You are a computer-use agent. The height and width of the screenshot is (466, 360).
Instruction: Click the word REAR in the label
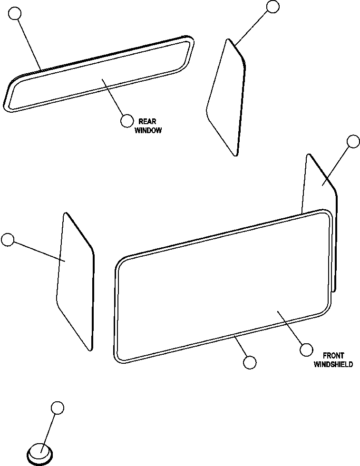click(x=147, y=122)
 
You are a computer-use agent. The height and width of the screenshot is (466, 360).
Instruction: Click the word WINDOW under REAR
click(x=148, y=130)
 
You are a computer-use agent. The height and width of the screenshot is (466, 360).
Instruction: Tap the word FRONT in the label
click(x=333, y=356)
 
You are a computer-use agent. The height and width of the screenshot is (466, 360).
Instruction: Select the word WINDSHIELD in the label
click(x=333, y=365)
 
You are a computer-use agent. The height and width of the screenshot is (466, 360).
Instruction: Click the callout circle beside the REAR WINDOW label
click(x=126, y=121)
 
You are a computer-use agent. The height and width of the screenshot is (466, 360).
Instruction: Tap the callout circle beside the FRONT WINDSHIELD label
click(x=307, y=350)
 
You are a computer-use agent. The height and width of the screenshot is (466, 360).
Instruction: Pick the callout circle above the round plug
click(x=57, y=408)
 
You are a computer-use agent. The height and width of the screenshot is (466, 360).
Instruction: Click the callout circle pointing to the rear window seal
click(x=15, y=13)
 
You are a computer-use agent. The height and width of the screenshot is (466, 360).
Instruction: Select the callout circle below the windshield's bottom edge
click(x=249, y=362)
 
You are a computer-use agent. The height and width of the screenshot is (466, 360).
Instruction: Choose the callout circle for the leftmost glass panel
click(x=8, y=240)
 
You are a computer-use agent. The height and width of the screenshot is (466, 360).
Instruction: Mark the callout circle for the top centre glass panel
click(x=273, y=7)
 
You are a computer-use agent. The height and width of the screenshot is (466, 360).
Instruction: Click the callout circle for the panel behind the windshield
click(x=353, y=141)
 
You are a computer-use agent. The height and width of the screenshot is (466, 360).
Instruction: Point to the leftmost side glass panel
click(x=75, y=281)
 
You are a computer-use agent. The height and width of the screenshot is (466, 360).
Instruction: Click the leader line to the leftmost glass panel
click(x=38, y=251)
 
